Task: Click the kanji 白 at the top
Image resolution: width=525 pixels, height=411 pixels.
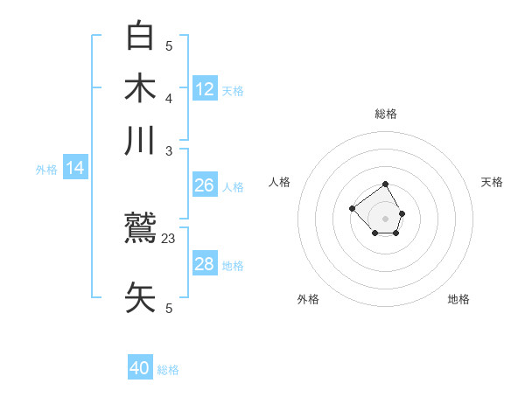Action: click(140, 36)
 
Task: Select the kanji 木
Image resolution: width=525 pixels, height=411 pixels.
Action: click(140, 89)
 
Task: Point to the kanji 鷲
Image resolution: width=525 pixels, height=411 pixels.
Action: click(140, 230)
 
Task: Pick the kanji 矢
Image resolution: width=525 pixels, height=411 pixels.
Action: click(140, 298)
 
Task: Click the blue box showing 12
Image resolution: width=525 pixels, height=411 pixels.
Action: click(205, 89)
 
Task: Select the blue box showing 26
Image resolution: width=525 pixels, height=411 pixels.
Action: click(205, 185)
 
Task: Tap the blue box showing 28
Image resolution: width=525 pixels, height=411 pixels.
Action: click(205, 264)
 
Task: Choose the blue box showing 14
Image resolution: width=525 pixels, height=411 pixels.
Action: click(74, 169)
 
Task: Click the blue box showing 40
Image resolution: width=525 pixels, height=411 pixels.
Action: click(140, 368)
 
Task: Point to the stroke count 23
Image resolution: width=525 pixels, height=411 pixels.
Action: click(169, 238)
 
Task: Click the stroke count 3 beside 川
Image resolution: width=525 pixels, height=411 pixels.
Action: click(169, 150)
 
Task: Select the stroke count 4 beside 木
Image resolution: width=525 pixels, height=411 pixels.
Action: click(169, 97)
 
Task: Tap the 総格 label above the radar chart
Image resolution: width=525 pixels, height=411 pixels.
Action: click(386, 114)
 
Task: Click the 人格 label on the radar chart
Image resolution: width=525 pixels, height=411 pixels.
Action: click(280, 182)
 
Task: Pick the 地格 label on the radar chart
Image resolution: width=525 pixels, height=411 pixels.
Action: click(458, 299)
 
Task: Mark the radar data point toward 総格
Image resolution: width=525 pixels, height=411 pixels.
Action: click(386, 185)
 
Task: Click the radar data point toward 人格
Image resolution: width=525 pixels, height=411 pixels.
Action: click(352, 208)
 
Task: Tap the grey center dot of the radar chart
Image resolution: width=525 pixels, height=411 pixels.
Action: click(386, 218)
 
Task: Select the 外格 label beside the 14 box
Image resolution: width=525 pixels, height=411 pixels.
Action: click(46, 170)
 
